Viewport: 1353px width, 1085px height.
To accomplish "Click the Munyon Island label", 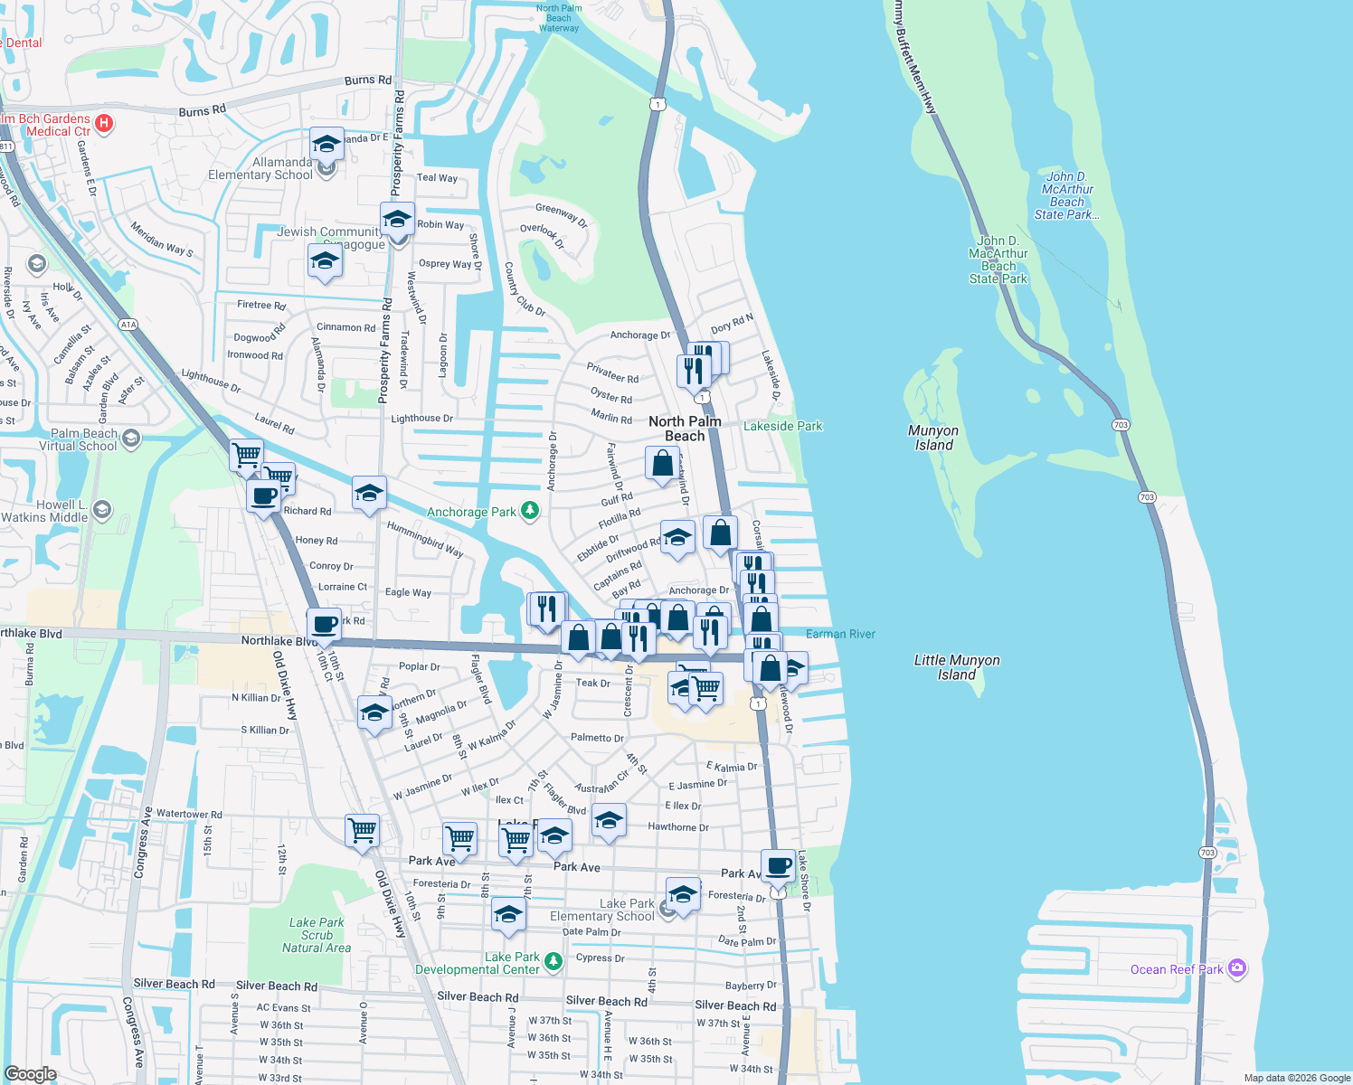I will (933, 438).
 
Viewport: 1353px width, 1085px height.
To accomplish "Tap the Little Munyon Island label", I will (957, 667).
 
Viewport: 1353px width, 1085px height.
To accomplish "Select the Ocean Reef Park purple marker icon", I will (1237, 968).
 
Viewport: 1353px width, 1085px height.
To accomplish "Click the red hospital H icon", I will (104, 123).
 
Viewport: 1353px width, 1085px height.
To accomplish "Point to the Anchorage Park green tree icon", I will (530, 512).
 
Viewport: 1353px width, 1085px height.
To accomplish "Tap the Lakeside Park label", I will (782, 426).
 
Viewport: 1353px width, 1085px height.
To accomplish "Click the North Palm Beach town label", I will (685, 429).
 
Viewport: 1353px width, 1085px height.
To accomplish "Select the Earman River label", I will (840, 634).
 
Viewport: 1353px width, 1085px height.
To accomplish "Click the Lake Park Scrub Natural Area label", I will (317, 935).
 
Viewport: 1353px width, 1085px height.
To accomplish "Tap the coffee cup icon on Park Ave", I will (778, 865).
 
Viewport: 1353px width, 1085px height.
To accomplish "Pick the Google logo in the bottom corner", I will (30, 1073).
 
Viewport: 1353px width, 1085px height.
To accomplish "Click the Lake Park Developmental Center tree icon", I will (553, 960).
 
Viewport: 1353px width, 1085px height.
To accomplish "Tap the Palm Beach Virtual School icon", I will (131, 439).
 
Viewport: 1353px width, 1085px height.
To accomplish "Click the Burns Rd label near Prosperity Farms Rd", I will (368, 80).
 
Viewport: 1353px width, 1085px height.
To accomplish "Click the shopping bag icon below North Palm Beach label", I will (662, 463).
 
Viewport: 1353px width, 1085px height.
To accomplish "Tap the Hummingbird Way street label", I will (424, 539).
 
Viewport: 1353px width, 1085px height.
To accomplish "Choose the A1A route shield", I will (128, 325).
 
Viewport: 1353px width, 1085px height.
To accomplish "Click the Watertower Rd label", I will (189, 814).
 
